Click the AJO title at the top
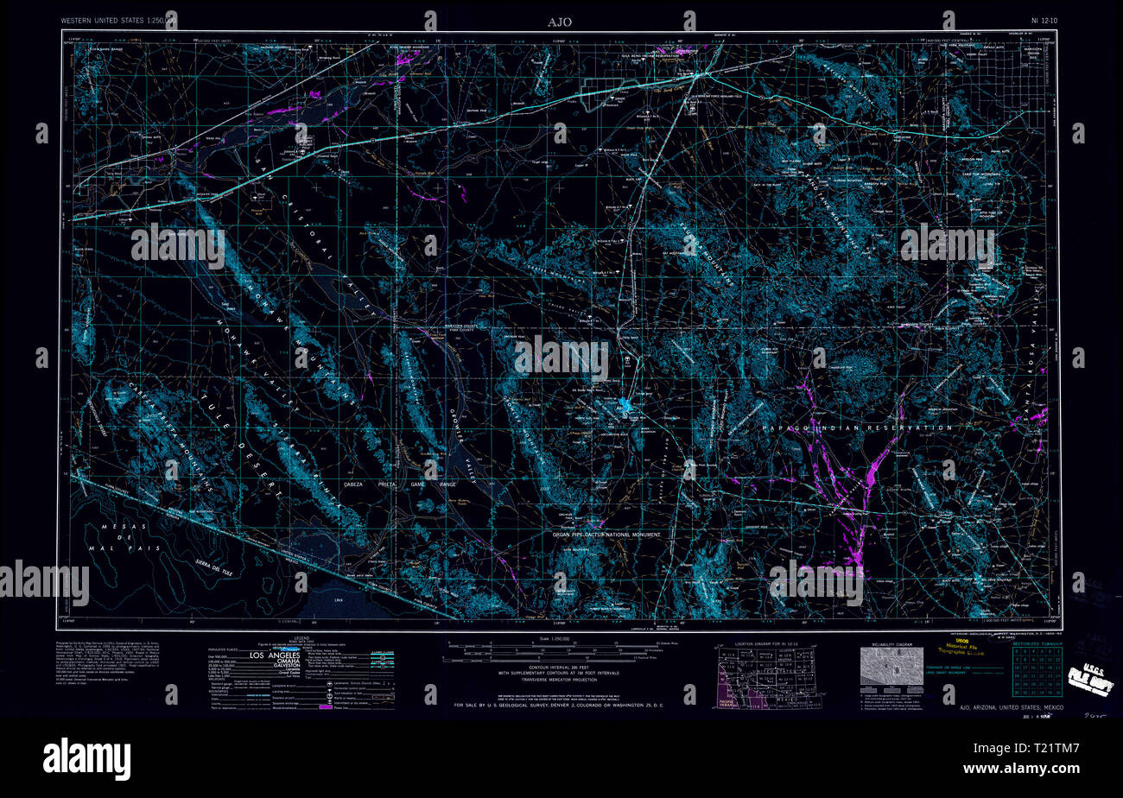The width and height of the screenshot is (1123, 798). tap(559, 21)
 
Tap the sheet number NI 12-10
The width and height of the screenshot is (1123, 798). tap(1046, 20)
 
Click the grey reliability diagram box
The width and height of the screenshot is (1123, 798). tap(891, 667)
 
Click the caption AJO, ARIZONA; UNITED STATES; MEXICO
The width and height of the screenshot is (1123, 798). tap(1012, 707)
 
